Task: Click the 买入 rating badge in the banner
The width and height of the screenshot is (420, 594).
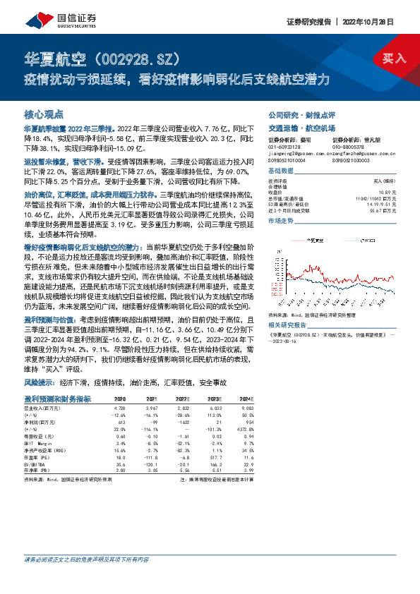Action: coord(394,59)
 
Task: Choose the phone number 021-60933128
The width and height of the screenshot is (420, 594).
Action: coord(282,146)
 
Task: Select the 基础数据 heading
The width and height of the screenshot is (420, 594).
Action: coord(281,172)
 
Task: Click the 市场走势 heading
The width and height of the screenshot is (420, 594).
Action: coord(281,222)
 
